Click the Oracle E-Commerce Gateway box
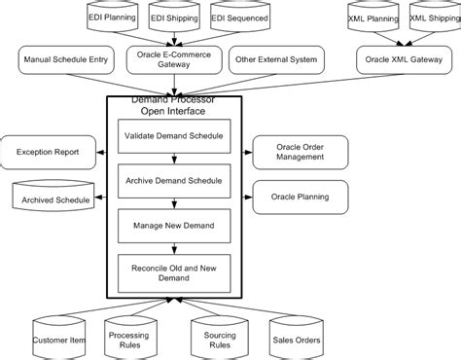tap(175, 60)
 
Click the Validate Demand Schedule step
tap(174, 135)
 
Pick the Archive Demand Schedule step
tap(174, 181)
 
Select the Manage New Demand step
tap(174, 226)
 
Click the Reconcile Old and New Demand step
tap(174, 271)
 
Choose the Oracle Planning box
tap(300, 197)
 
